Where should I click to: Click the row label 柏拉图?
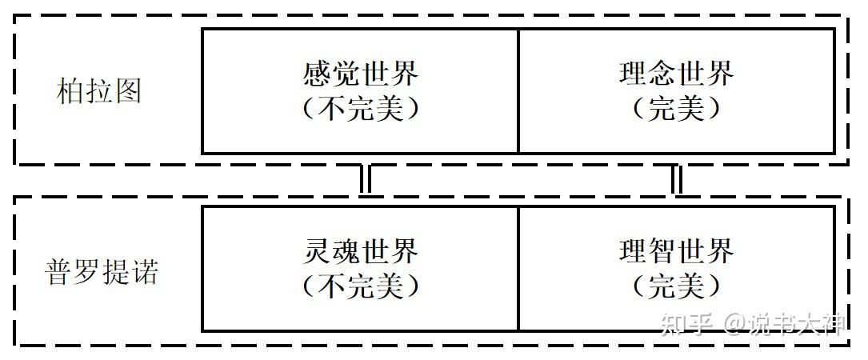[100, 90]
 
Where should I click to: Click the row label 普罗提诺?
[101, 272]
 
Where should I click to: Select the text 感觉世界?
[361, 75]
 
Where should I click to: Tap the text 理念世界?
[676, 75]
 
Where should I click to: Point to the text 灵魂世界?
[361, 252]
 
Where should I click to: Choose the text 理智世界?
[676, 252]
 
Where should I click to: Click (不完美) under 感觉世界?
[361, 109]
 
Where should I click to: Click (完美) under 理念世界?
[676, 109]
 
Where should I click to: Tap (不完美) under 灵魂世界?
[361, 286]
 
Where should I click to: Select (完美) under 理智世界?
[676, 286]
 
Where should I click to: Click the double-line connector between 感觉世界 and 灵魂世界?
[365, 181]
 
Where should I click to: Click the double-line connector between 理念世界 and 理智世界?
[676, 181]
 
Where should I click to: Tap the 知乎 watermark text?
[687, 323]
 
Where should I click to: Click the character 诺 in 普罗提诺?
[145, 272]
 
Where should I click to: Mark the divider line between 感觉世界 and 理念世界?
[518, 91]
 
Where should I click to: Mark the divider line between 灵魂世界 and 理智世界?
[518, 269]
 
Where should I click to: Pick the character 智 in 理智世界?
[662, 252]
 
